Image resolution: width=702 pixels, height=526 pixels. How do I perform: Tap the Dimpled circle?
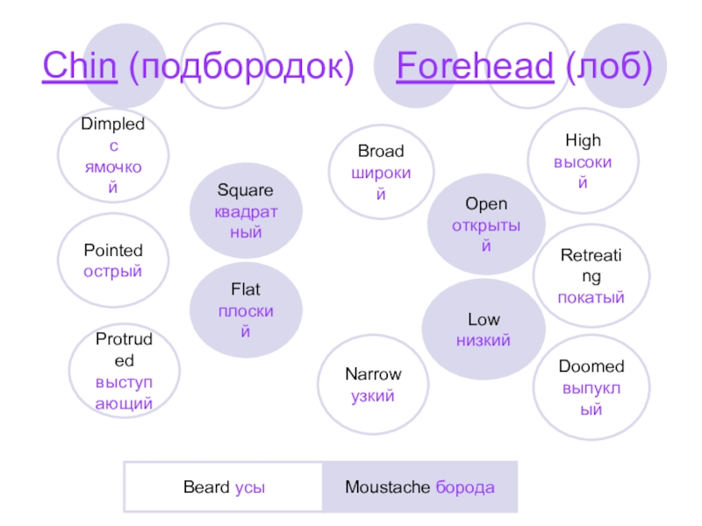112,156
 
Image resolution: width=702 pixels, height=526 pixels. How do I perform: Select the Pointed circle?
112,261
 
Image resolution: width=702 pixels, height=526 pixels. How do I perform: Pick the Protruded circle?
125,372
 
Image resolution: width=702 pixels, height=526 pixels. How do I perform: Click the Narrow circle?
373,386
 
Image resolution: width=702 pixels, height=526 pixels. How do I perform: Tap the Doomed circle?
591,387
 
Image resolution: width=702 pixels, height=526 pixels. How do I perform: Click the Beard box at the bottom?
224,487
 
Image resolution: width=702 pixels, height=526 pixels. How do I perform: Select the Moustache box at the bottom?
419,487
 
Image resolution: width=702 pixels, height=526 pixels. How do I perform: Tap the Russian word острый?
112,271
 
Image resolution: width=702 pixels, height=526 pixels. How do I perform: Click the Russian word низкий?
484,340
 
